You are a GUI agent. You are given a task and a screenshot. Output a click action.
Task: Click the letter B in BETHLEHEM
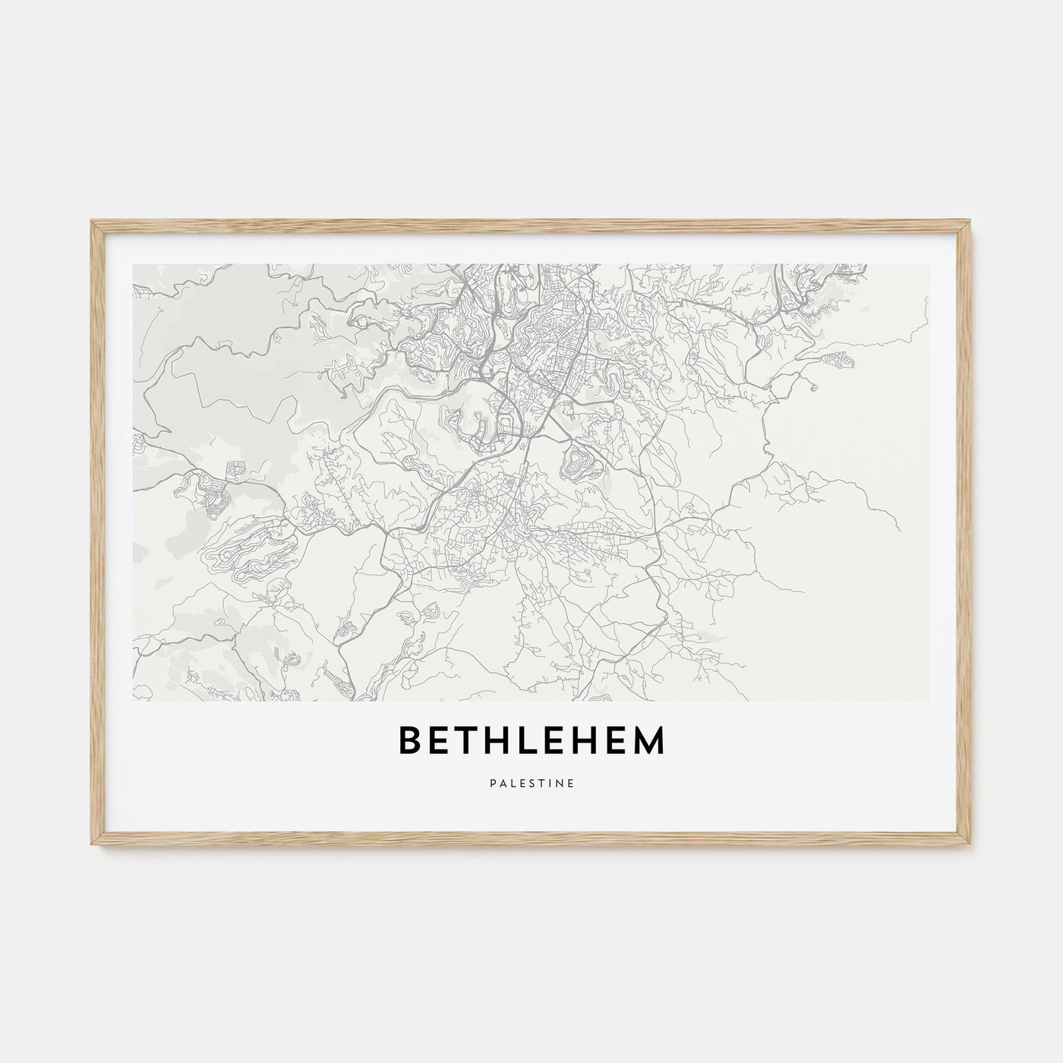pos(409,741)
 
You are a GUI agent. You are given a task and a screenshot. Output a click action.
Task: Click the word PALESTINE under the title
pos(531,780)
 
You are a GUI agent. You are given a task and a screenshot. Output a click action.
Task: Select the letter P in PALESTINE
pos(493,780)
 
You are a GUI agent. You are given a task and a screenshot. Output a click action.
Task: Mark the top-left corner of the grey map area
pos(134,265)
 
